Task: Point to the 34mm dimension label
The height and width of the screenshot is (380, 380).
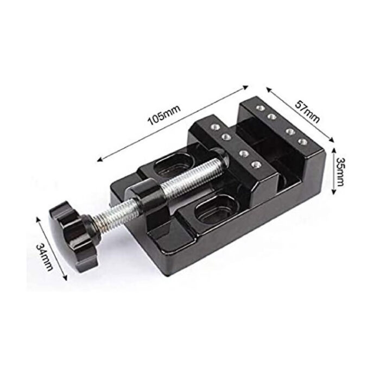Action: point(45,257)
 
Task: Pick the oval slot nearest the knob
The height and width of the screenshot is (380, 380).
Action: point(215,211)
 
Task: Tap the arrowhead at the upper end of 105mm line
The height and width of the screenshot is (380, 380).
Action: point(245,87)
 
